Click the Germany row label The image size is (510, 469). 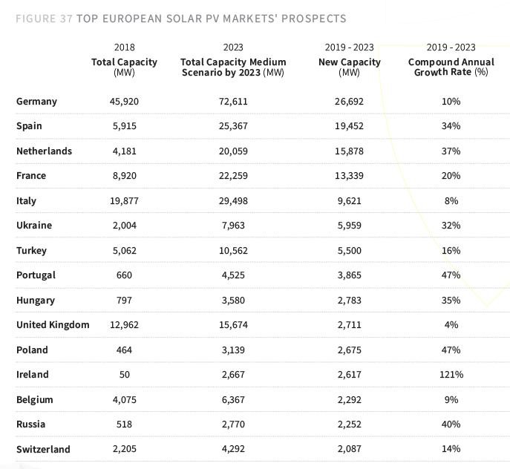point(36,101)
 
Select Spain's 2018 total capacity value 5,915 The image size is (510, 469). point(124,126)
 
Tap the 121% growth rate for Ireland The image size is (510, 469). point(451,375)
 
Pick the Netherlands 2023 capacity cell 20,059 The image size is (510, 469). point(233,151)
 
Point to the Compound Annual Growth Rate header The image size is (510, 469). point(451,67)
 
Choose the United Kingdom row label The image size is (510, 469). point(53,325)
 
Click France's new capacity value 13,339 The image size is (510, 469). point(349,176)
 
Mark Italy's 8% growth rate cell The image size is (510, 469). point(451,201)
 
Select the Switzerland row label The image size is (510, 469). point(43,449)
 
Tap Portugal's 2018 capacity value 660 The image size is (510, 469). point(124,275)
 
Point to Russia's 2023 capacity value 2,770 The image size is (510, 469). point(233,424)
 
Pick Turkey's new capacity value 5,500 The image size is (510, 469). point(349,251)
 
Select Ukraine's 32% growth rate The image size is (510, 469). point(451,226)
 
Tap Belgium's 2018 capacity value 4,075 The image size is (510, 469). point(124,399)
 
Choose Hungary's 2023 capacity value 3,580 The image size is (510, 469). point(233,301)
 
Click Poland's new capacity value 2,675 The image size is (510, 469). point(349,350)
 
